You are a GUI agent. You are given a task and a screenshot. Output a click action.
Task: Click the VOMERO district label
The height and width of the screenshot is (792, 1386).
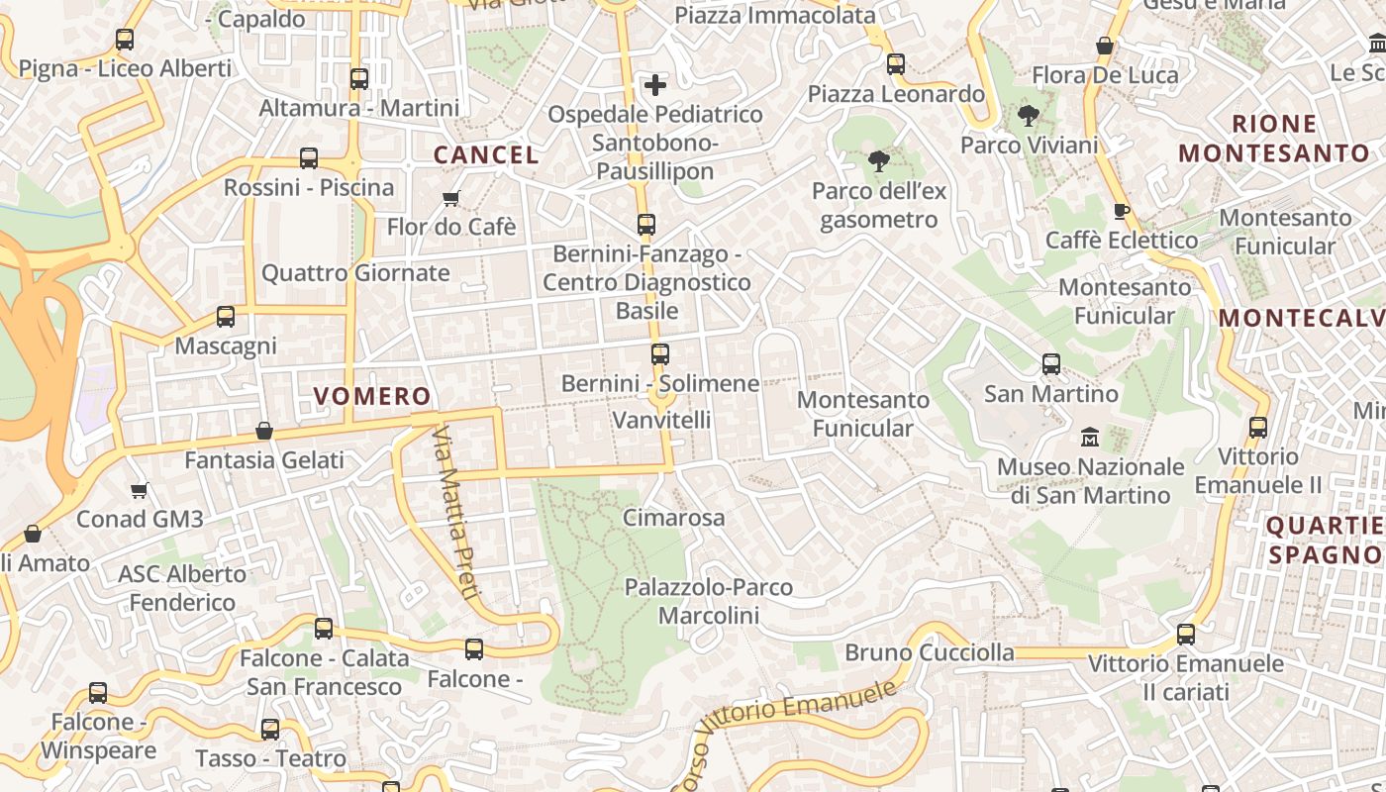click(372, 397)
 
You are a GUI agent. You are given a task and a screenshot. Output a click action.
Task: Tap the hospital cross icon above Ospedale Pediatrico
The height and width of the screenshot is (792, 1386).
click(655, 85)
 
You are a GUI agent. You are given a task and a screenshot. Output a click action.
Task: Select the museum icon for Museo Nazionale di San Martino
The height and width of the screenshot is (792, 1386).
click(1090, 437)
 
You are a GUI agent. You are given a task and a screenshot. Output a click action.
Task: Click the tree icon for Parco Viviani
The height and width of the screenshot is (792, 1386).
click(1029, 116)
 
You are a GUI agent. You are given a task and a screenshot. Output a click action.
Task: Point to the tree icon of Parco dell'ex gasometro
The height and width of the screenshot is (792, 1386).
click(878, 161)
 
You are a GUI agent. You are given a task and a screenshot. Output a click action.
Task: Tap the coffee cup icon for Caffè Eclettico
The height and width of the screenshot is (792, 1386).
click(1121, 211)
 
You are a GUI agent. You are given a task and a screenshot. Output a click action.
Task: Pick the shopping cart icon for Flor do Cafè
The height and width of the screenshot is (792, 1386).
click(451, 198)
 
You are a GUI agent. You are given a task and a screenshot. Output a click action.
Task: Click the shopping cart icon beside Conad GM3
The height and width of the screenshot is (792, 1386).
click(140, 490)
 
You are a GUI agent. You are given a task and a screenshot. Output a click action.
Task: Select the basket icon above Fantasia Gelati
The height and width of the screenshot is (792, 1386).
click(264, 431)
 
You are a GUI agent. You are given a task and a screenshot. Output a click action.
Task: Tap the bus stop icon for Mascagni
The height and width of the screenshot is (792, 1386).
click(226, 317)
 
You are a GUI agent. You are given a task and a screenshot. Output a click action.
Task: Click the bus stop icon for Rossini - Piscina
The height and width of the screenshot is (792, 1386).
click(309, 158)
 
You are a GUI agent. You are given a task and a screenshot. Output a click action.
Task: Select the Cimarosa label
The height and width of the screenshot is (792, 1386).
click(673, 518)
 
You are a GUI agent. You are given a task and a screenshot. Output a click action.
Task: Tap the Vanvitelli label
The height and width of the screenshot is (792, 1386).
click(661, 420)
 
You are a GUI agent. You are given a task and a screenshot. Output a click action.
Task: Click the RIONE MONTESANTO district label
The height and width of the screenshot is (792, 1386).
click(1274, 139)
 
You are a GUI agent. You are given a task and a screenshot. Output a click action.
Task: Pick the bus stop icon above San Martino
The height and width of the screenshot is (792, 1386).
click(1051, 364)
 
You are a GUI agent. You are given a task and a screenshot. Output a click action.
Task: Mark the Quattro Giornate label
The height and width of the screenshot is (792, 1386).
click(355, 273)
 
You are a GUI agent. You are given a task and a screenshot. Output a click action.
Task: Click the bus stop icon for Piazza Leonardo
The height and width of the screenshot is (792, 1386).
click(896, 64)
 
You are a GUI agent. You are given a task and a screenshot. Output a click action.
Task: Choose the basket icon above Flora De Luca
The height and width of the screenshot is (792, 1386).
click(1105, 46)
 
